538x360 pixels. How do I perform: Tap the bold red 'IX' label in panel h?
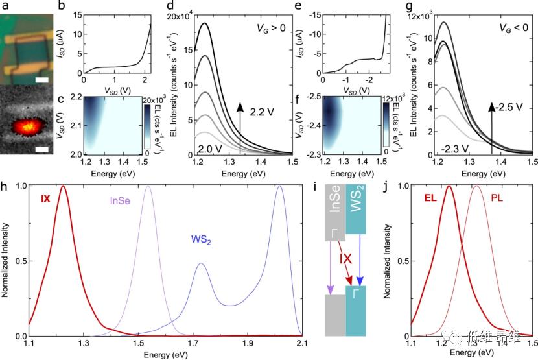[44, 190]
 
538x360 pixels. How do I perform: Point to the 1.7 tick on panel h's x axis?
[192, 346]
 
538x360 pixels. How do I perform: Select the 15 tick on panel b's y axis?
[77, 16]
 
